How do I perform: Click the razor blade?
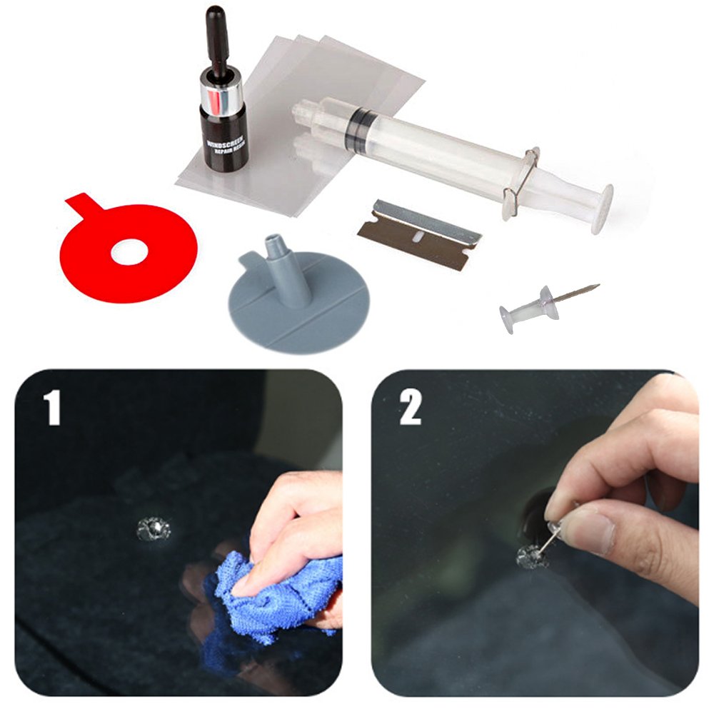tap(417, 235)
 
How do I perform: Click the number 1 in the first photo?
tap(51, 408)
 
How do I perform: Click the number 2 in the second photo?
tap(411, 408)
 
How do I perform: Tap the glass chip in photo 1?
tap(154, 530)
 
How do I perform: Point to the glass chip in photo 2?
tap(531, 556)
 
